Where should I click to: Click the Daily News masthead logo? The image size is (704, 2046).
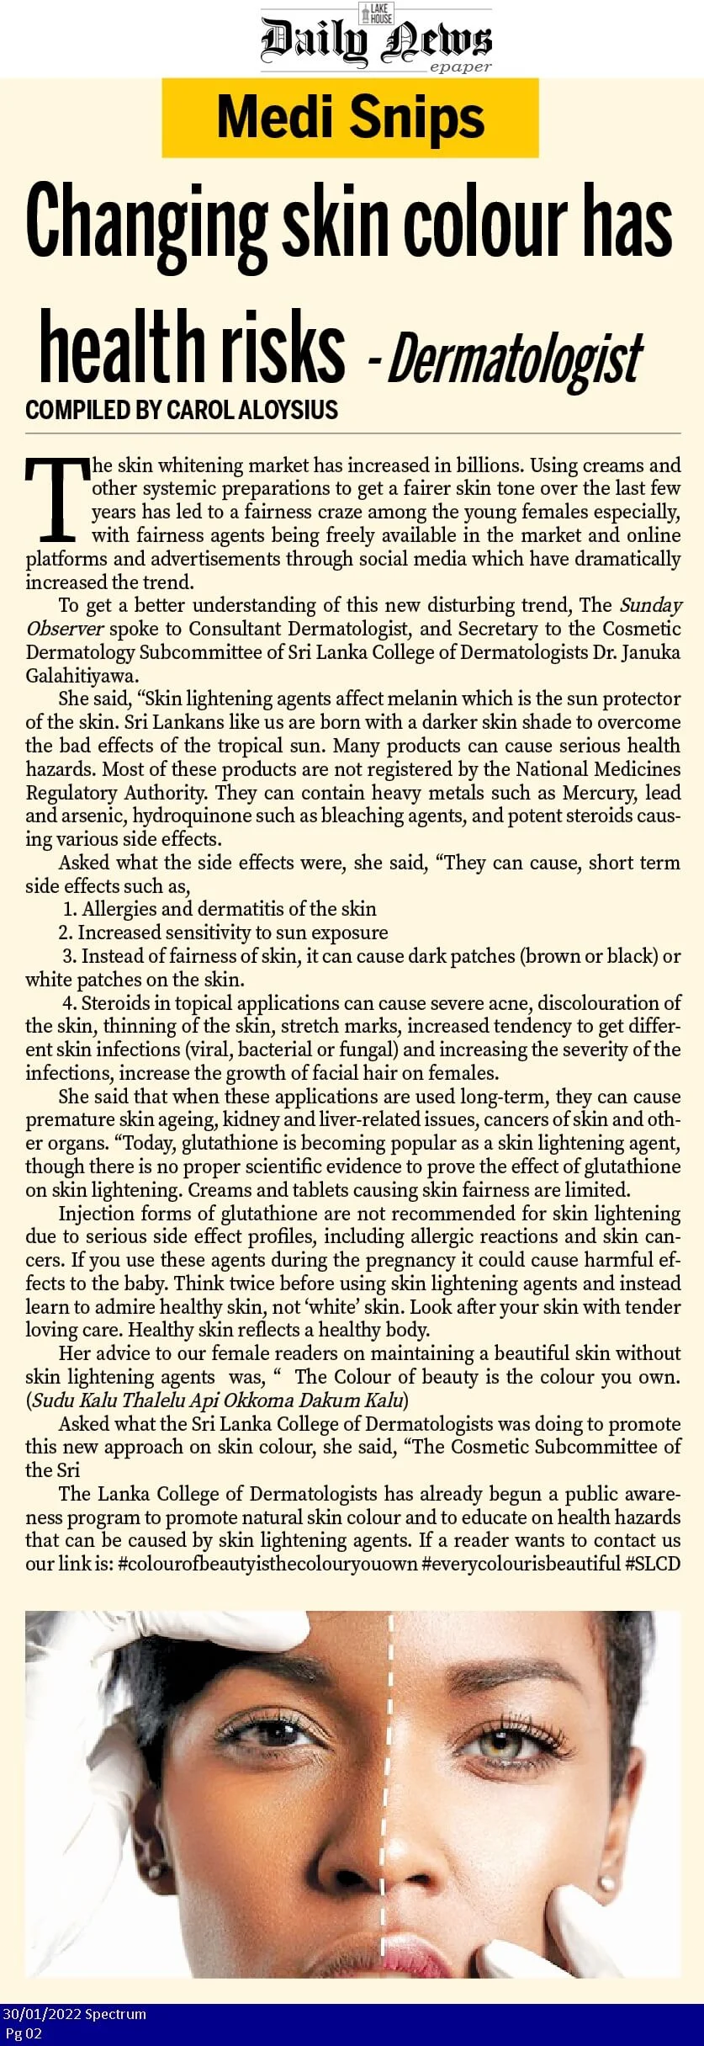pyautogui.click(x=376, y=39)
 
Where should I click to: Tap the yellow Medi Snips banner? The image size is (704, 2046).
pyautogui.click(x=350, y=118)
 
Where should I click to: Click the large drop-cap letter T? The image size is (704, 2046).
pyautogui.click(x=56, y=499)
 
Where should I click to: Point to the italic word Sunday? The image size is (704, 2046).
pyautogui.click(x=650, y=604)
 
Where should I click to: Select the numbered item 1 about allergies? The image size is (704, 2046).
pyautogui.click(x=220, y=909)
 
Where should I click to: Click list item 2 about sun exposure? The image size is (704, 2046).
pyautogui.click(x=223, y=933)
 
